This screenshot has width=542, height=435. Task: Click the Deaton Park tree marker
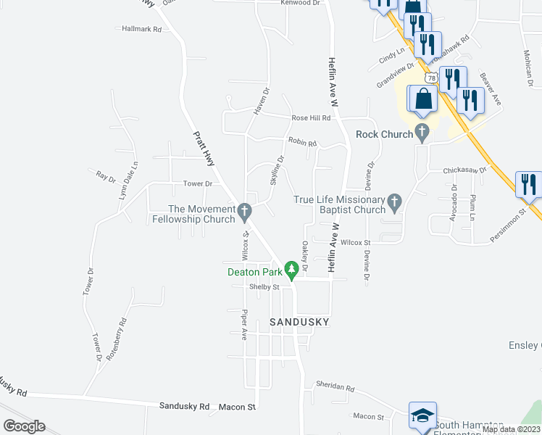[x=292, y=271]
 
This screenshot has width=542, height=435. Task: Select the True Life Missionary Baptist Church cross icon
[x=394, y=203]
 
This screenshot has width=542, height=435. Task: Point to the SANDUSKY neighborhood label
[x=299, y=321]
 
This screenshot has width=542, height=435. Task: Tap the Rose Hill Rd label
[x=311, y=117]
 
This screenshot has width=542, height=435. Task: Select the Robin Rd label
[x=302, y=144]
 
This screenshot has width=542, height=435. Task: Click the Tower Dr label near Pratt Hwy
[x=197, y=184]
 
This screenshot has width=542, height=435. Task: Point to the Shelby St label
[x=264, y=287]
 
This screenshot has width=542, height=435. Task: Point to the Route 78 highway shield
[x=432, y=78]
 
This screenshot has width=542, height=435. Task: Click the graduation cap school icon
[x=422, y=416]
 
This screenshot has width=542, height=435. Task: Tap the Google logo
[x=24, y=426]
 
